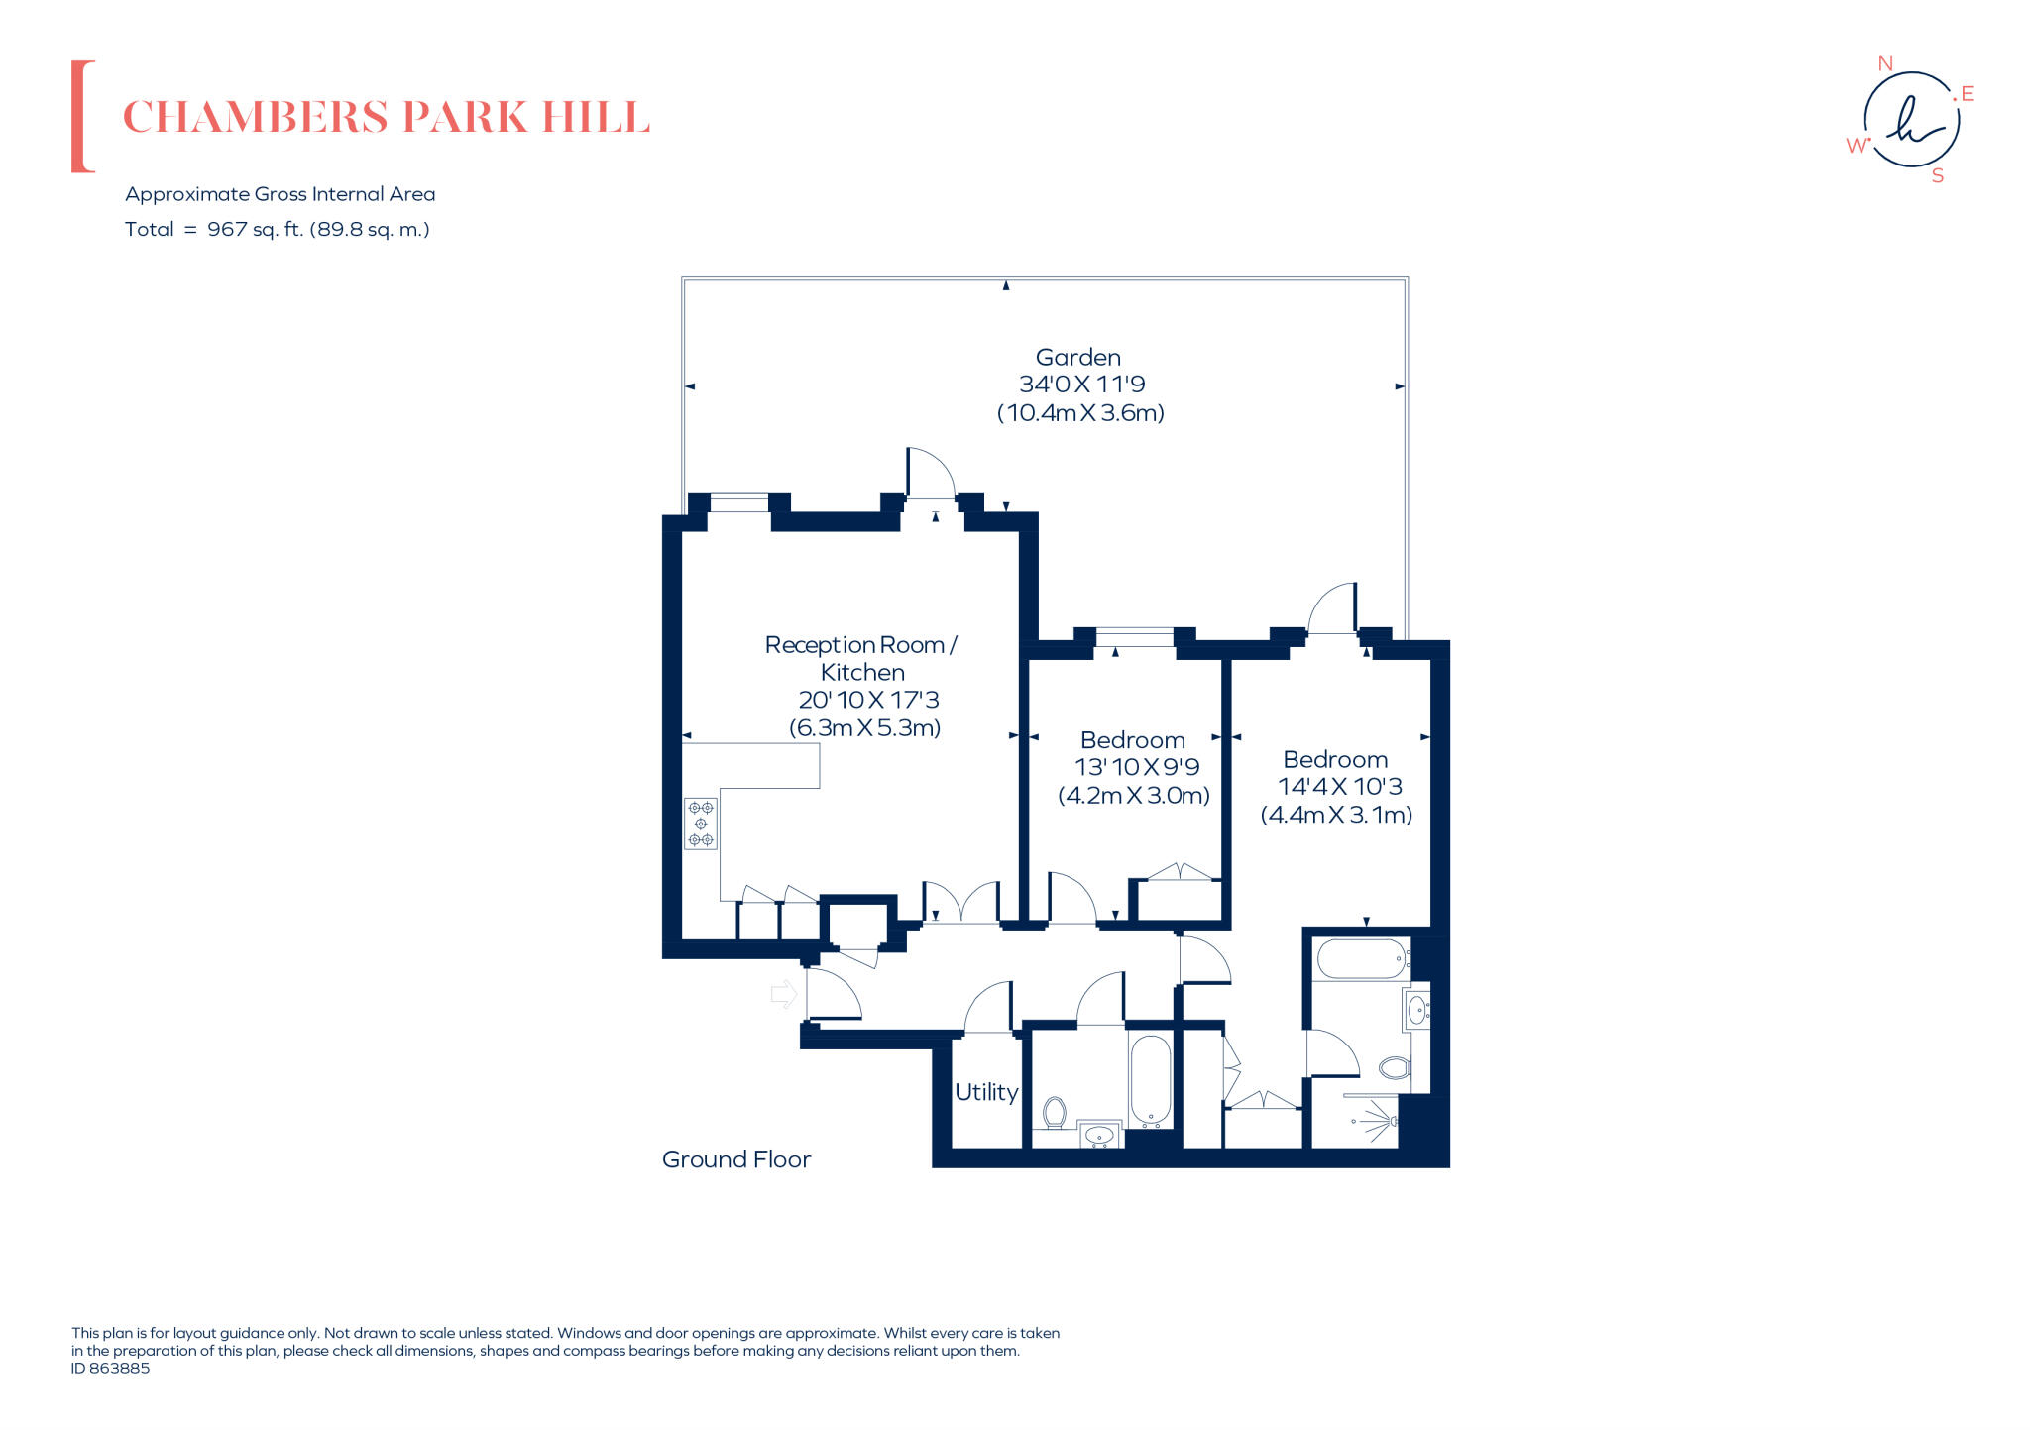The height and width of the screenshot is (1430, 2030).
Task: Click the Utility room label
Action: point(986,1092)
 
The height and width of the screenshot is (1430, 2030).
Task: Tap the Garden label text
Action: point(1078,357)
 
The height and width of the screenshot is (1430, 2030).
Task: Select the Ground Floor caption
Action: point(736,1159)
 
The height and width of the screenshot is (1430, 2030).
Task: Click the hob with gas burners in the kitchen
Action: point(701,824)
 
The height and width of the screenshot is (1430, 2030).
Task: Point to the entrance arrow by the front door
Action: point(784,993)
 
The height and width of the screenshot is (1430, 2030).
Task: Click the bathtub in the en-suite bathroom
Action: point(1361,959)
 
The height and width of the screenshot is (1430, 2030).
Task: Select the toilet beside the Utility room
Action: point(1055,1113)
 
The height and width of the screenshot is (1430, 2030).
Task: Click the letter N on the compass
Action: point(1885,63)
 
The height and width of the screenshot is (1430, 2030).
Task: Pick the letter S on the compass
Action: point(1938,176)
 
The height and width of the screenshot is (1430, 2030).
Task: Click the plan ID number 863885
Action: point(119,1368)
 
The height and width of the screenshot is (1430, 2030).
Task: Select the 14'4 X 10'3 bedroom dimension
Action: point(1340,787)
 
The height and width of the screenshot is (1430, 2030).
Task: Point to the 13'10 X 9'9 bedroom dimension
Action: point(1137,767)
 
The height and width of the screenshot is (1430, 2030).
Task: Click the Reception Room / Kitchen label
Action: point(861,658)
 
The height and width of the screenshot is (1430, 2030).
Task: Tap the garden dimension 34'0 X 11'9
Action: point(1081,385)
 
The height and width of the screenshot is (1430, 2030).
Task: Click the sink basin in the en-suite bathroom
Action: point(1417,1011)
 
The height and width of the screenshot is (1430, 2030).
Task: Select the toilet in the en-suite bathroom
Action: point(1395,1067)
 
